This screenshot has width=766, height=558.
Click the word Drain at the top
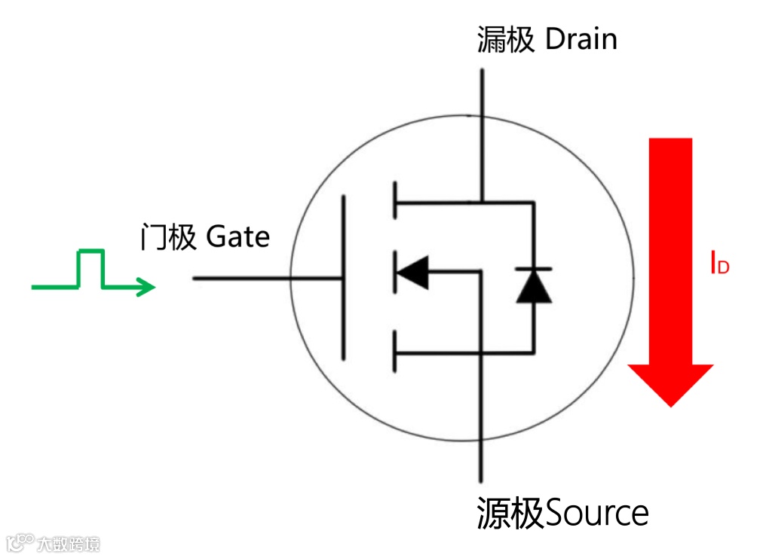[x=581, y=39]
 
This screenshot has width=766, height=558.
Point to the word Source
[x=596, y=514]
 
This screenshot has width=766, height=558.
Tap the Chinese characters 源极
[x=510, y=514]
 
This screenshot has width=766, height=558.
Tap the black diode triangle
[x=534, y=287]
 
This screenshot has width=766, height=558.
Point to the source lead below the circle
[x=480, y=459]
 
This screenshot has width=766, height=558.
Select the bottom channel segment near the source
[x=394, y=352]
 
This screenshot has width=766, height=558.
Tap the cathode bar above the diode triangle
[x=534, y=268]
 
